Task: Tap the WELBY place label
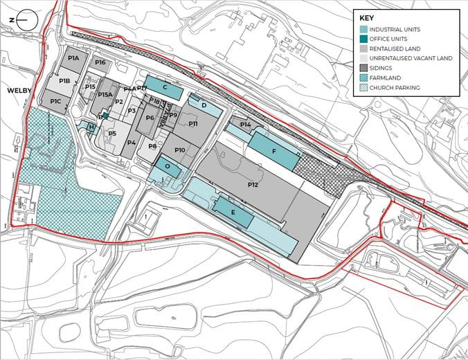(x=20, y=91)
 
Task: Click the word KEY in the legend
(x=368, y=18)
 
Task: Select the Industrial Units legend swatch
(x=363, y=30)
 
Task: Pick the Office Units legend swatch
(x=363, y=39)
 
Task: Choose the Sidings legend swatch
(x=363, y=69)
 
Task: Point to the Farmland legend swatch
(x=363, y=78)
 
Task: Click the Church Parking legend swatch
(x=363, y=88)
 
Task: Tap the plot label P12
(x=253, y=185)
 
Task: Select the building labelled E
(x=233, y=213)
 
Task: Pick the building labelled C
(x=165, y=87)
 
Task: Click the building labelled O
(x=168, y=167)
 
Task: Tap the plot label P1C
(x=56, y=102)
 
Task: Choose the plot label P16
(x=100, y=63)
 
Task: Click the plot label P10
(x=179, y=150)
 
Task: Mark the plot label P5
(x=111, y=133)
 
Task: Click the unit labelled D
(x=204, y=105)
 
